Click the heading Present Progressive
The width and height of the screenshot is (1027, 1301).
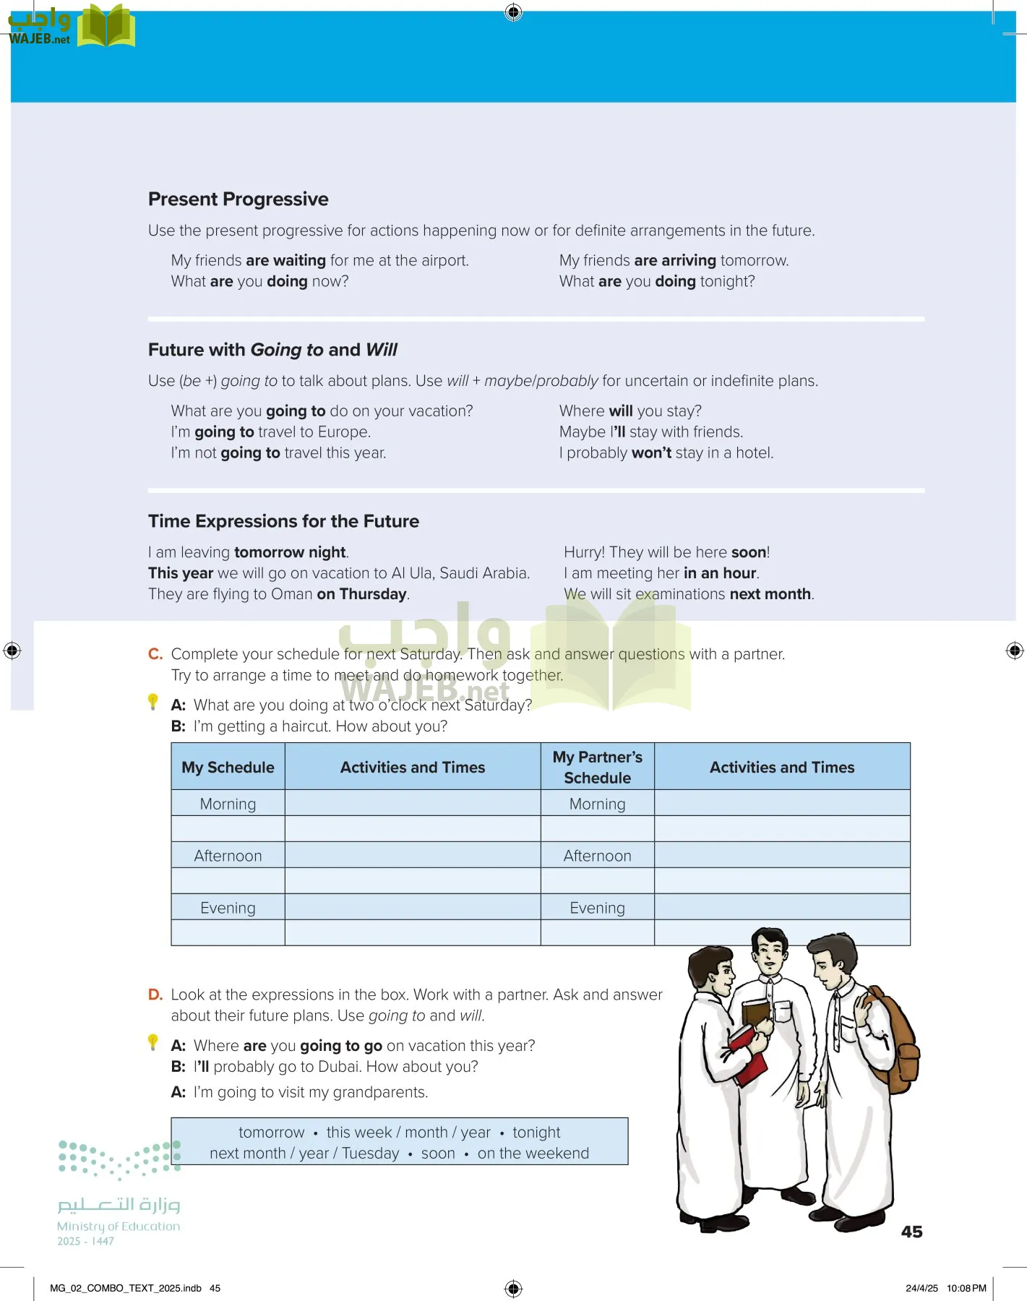[238, 199]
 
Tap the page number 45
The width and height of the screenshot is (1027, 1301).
[911, 1232]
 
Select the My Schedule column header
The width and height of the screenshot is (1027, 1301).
[228, 768]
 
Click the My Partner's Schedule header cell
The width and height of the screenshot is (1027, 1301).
[597, 767]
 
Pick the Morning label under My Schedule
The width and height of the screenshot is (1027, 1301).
[228, 804]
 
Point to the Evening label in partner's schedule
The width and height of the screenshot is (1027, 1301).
[597, 908]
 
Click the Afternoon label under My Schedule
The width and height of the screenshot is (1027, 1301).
[228, 856]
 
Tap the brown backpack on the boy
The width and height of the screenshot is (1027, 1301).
[895, 1041]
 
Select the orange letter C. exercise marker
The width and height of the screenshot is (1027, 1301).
[155, 654]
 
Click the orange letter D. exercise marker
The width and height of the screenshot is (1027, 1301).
[155, 995]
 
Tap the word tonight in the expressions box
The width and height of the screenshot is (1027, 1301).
[536, 1133]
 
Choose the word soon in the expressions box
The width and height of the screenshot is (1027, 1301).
[438, 1154]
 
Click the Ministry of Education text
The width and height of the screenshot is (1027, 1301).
[119, 1227]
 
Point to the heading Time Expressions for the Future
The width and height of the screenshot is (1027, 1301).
[283, 521]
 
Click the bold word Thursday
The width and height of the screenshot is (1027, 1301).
[373, 594]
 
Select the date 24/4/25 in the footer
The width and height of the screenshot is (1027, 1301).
[921, 1288]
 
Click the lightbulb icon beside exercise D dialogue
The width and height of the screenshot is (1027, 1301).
[152, 1042]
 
